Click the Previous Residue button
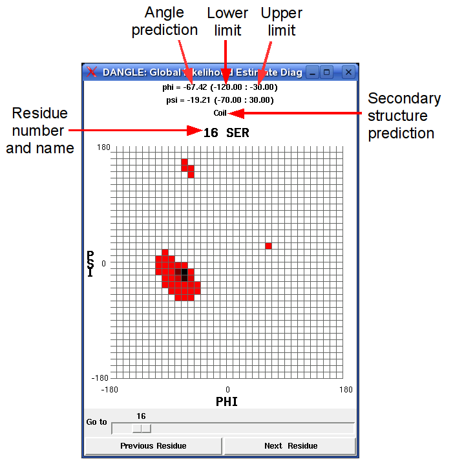point(153,446)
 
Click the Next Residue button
point(290,446)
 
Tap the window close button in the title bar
point(348,72)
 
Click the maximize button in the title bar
point(328,72)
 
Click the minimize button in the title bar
point(313,72)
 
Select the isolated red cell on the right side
point(268,246)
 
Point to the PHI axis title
point(227,401)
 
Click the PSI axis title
point(90,264)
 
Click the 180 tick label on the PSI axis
point(103,147)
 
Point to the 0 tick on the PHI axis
point(227,389)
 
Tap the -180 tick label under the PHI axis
point(109,389)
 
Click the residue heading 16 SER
point(226,133)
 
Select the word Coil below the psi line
point(220,113)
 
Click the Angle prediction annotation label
point(164,21)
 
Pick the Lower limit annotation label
point(227,21)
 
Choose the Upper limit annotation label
point(281,21)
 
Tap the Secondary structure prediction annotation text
point(404,116)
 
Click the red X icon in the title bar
point(92,72)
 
